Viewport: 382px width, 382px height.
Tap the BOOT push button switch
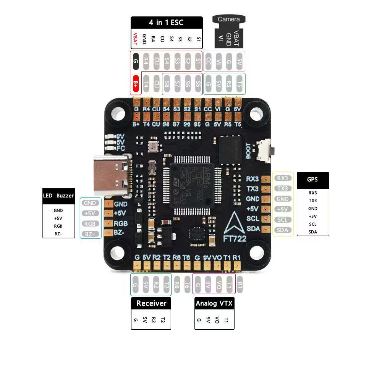[x=263, y=151]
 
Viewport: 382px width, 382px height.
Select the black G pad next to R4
[x=135, y=61]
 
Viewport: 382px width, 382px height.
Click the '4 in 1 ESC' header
[x=166, y=23]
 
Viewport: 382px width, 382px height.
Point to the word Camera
[x=228, y=19]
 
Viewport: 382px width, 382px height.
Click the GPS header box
[x=312, y=179]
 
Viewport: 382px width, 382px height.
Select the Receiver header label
[x=151, y=303]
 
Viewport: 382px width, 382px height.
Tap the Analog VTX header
[x=214, y=304]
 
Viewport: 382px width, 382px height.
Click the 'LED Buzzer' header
[x=58, y=196]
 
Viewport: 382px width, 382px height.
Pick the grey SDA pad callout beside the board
[x=282, y=230]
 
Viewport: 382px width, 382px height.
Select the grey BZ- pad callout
[x=90, y=234]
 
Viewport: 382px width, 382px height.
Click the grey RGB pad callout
[x=90, y=224]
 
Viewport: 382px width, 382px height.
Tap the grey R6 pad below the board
[x=177, y=285]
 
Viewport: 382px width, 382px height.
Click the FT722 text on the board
[x=235, y=239]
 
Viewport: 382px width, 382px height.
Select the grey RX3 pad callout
[x=283, y=178]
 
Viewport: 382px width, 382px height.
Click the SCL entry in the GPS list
[x=312, y=224]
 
